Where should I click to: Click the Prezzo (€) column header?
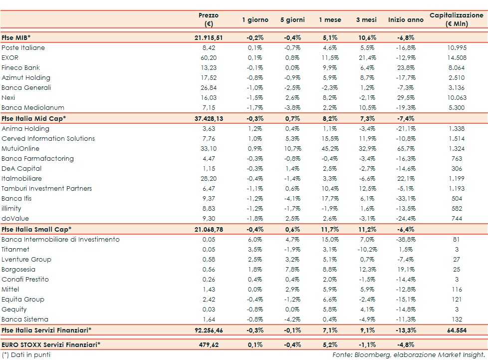(208, 19)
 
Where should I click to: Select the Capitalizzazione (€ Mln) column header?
(456, 19)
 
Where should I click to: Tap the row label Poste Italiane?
(23, 48)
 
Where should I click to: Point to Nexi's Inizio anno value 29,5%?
(405, 98)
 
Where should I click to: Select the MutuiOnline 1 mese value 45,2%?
(330, 149)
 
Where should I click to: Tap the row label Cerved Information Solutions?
(48, 139)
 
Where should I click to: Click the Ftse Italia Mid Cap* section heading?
(33, 118)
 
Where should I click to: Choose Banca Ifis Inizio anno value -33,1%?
(405, 199)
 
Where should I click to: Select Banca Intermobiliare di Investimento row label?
(60, 240)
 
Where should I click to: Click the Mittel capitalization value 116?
(456, 290)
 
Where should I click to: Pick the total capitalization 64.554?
(456, 330)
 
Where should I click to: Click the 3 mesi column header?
(366, 20)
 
